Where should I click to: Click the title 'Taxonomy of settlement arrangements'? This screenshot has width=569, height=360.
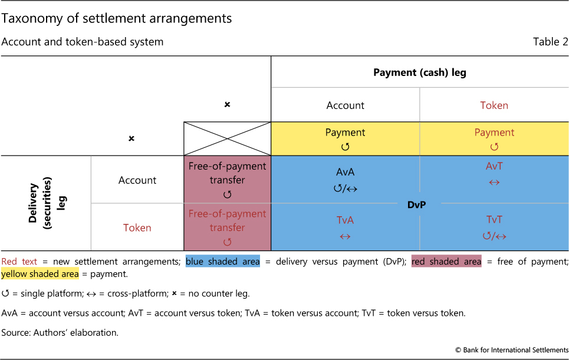pyautogui.click(x=117, y=18)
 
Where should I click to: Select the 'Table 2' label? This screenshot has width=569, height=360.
pyautogui.click(x=550, y=42)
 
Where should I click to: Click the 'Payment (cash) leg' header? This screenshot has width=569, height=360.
pyautogui.click(x=420, y=72)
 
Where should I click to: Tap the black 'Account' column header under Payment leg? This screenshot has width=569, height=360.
pyautogui.click(x=345, y=105)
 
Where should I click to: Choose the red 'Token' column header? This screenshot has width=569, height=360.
pyautogui.click(x=494, y=105)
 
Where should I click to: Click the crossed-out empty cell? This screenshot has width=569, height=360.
pyautogui.click(x=227, y=138)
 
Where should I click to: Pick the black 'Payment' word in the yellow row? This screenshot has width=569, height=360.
pyautogui.click(x=345, y=133)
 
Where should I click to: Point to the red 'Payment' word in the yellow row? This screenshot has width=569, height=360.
pyautogui.click(x=494, y=133)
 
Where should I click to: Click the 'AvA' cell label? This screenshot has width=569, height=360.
pyautogui.click(x=345, y=172)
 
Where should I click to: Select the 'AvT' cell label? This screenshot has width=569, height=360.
pyautogui.click(x=494, y=166)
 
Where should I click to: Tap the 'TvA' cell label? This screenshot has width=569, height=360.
pyautogui.click(x=345, y=220)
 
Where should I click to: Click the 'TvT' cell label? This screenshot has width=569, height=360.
pyautogui.click(x=494, y=219)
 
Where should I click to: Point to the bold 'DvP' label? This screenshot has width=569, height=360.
pyautogui.click(x=417, y=205)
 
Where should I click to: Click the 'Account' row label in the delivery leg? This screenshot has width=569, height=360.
pyautogui.click(x=137, y=180)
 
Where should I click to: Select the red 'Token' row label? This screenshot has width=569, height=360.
pyautogui.click(x=137, y=227)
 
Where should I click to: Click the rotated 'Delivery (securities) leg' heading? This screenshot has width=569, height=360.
pyautogui.click(x=47, y=203)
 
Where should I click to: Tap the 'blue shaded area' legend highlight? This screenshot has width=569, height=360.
pyautogui.click(x=223, y=262)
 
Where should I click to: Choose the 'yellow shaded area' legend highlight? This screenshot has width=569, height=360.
pyautogui.click(x=40, y=274)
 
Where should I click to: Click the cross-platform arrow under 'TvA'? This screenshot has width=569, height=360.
pyautogui.click(x=345, y=237)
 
